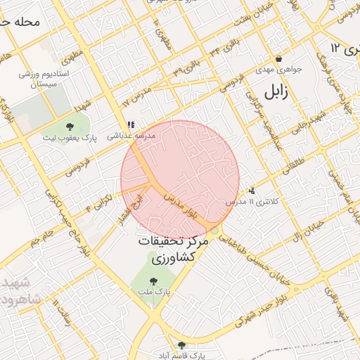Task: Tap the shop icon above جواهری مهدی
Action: coord(279,59)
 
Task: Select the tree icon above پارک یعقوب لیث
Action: coord(69,127)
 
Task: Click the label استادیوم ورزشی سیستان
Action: coord(44,78)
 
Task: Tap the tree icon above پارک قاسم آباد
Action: coord(182,345)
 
